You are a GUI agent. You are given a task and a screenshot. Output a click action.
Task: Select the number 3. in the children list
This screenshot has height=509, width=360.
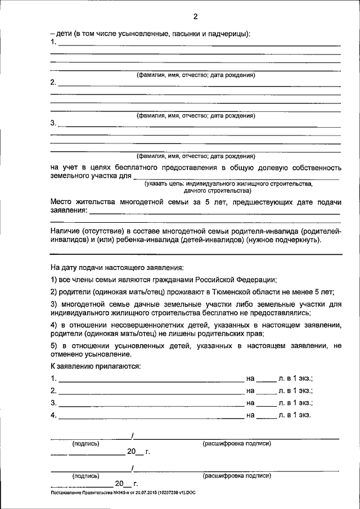pos(53,123)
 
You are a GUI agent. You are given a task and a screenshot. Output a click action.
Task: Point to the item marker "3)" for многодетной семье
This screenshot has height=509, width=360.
pos(54,304)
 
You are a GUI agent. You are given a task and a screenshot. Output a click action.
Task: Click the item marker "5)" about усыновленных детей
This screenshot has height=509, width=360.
pos(54,345)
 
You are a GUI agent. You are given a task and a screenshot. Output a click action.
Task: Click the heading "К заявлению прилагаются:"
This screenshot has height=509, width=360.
pos(95,366)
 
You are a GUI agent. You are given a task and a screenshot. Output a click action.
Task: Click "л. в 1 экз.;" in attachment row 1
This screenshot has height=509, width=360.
pos(295,379)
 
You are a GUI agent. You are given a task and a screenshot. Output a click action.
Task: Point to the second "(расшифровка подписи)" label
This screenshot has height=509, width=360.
pos(236,476)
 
